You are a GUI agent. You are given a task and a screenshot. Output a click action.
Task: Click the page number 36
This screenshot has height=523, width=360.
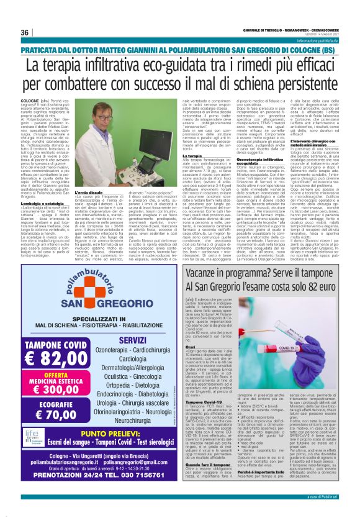[x=25, y=32]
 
